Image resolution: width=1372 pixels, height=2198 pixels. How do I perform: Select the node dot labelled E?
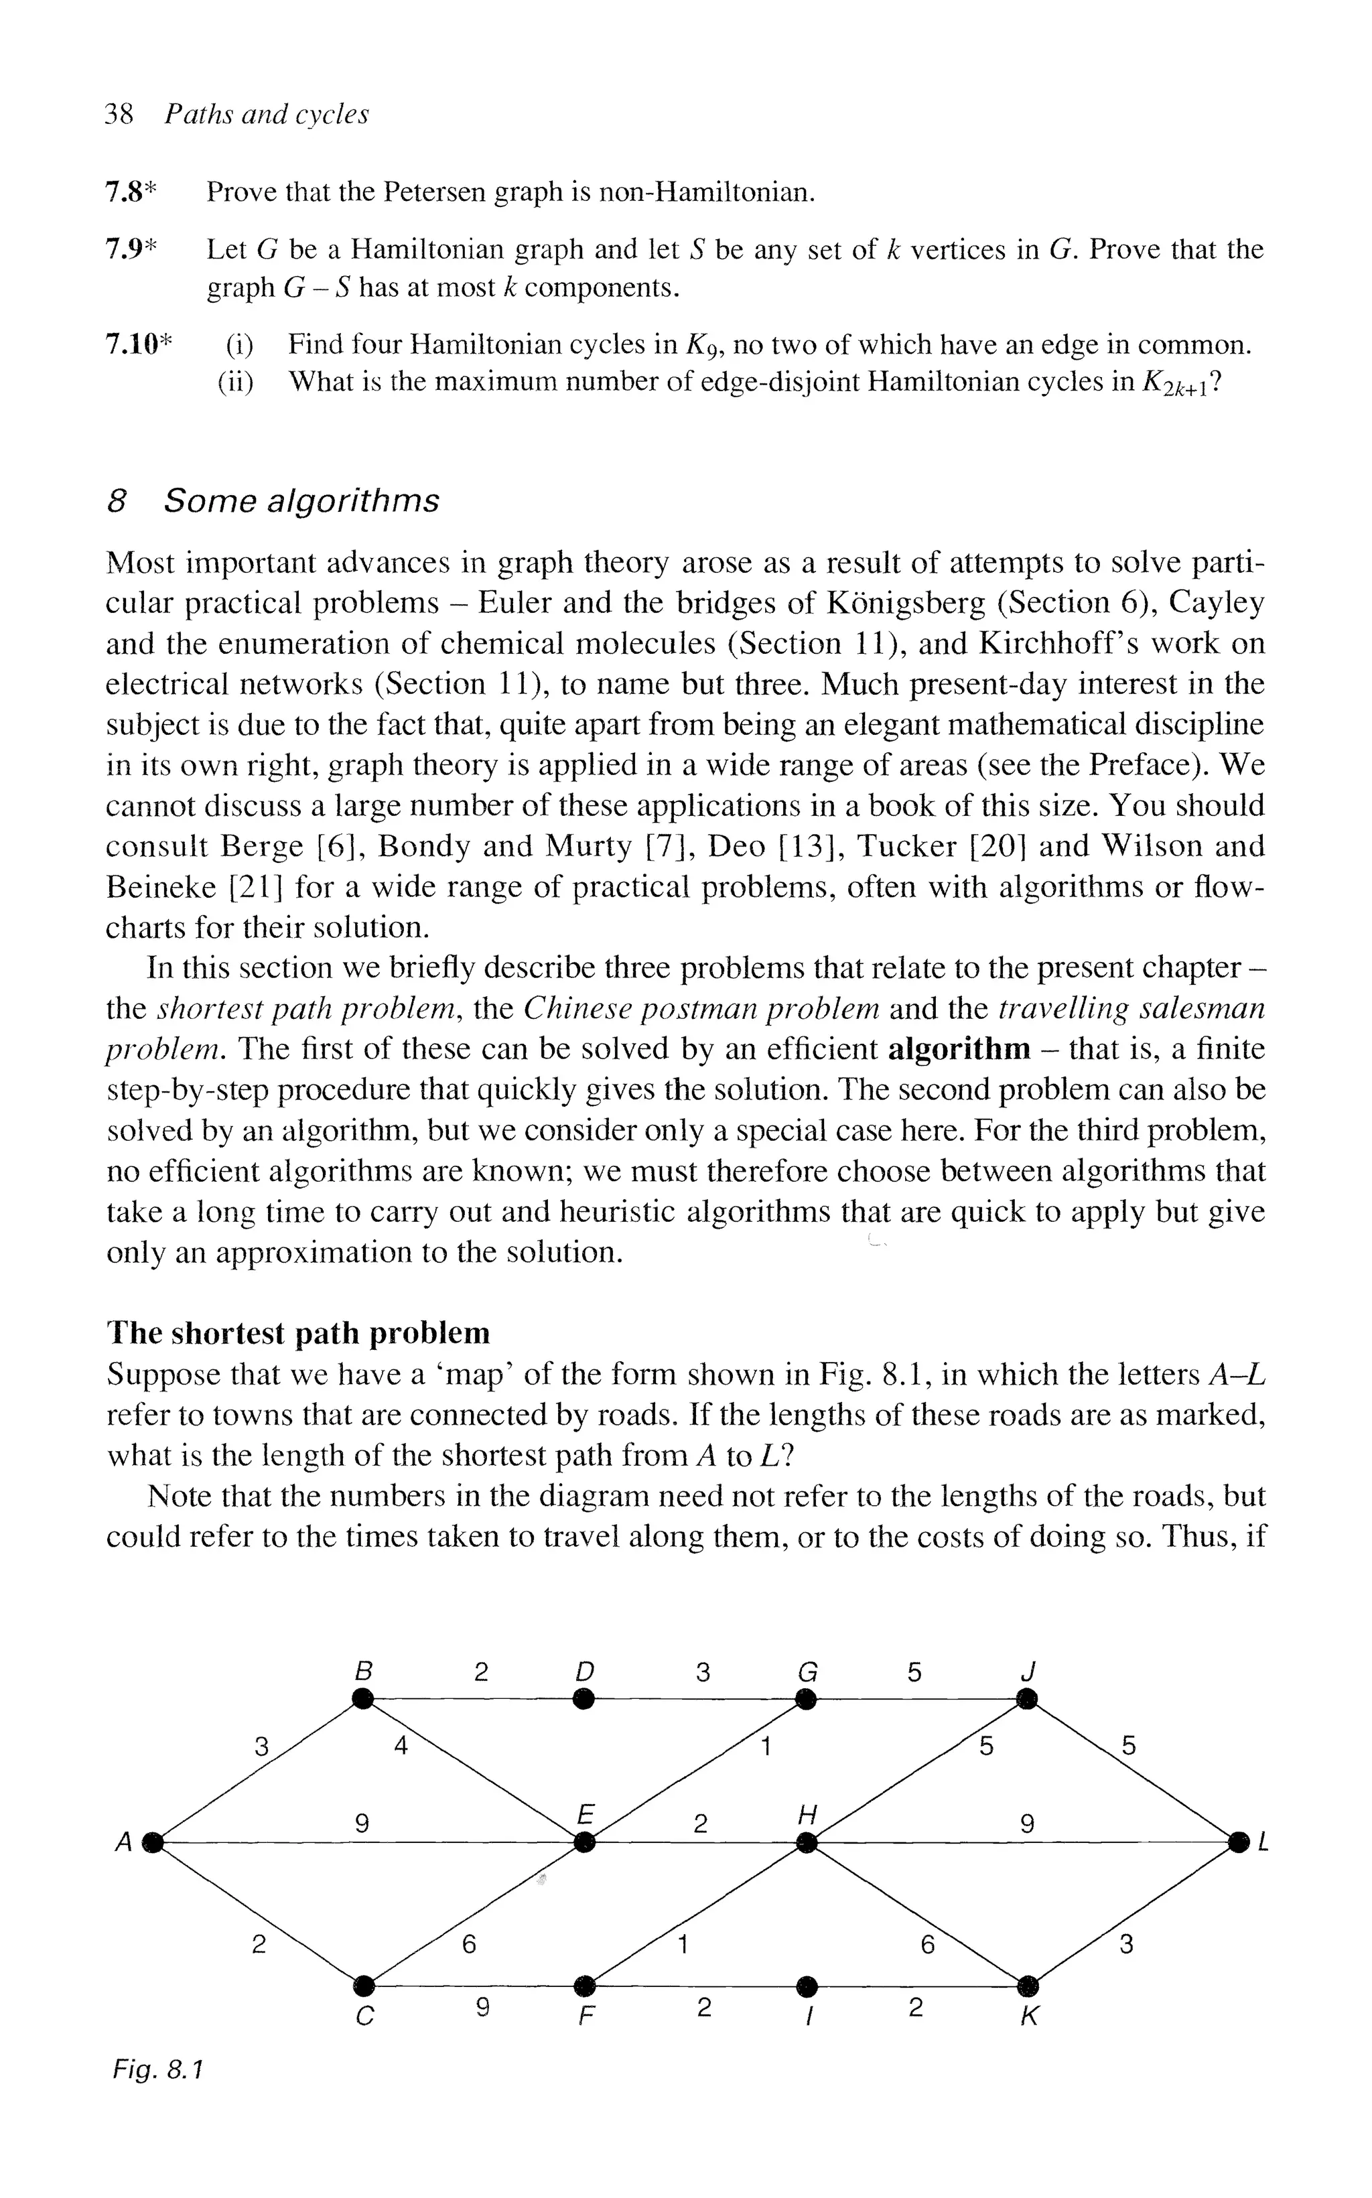(586, 1842)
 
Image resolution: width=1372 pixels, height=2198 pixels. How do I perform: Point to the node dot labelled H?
(807, 1842)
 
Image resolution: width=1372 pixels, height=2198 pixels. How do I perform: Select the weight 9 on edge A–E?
(361, 1824)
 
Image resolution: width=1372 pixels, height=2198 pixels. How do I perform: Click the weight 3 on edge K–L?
(1126, 1945)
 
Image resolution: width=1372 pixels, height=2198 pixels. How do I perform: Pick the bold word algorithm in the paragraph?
(959, 1050)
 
